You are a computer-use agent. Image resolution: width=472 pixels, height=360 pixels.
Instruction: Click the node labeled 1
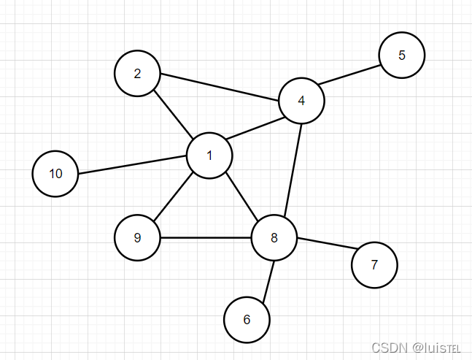(209, 155)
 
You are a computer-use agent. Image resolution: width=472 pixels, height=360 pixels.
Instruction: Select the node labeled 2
(137, 73)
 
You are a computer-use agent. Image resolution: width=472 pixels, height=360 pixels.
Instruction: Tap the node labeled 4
(301, 100)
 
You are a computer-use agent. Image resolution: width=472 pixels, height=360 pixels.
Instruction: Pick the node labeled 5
(401, 55)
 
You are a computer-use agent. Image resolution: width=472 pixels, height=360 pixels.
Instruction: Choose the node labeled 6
(247, 320)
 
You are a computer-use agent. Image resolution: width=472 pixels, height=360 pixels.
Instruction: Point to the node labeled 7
(374, 265)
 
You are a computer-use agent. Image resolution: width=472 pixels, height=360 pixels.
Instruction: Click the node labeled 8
(274, 237)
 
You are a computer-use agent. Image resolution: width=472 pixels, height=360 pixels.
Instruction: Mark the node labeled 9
(137, 237)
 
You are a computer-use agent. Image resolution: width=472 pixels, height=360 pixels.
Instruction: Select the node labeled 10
(55, 174)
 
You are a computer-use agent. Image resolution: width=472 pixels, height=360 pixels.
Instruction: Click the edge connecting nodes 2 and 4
(219, 86)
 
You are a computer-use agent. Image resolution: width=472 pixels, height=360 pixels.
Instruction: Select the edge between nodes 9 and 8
(206, 237)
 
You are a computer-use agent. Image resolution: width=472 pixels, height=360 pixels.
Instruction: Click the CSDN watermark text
(415, 348)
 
